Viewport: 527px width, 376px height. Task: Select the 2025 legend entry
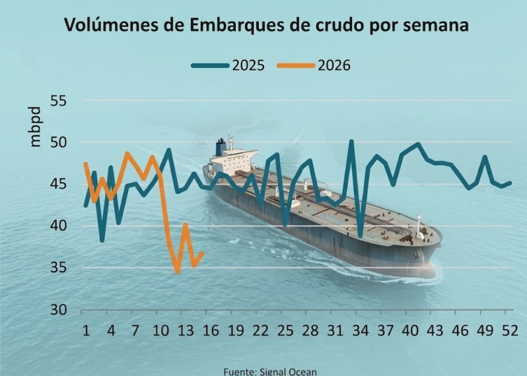pyautogui.click(x=228, y=65)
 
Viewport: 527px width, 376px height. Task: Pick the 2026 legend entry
pyautogui.click(x=314, y=65)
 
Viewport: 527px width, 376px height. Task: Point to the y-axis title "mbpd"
pyautogui.click(x=35, y=128)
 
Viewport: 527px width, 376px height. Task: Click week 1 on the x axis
pyautogui.click(x=85, y=330)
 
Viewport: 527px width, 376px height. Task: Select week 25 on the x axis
pyautogui.click(x=285, y=330)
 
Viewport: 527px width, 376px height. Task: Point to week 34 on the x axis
pyautogui.click(x=360, y=330)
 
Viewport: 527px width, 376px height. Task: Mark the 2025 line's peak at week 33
pyautogui.click(x=352, y=141)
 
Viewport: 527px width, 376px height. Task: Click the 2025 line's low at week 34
pyautogui.click(x=361, y=235)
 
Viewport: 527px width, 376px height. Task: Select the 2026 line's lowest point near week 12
pyautogui.click(x=177, y=271)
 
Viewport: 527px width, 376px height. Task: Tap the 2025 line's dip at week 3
pyautogui.click(x=102, y=240)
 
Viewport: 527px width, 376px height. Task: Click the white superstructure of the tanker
pyautogui.click(x=234, y=158)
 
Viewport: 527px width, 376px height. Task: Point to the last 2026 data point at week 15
pyautogui.click(x=202, y=253)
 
